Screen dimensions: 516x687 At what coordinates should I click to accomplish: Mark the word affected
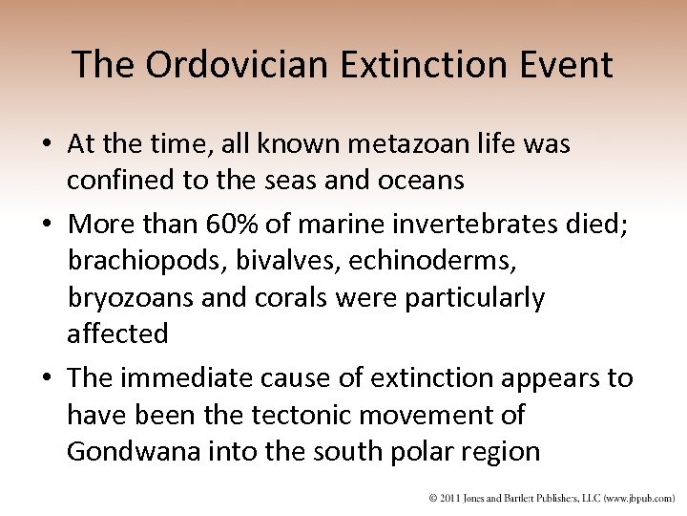pyautogui.click(x=117, y=333)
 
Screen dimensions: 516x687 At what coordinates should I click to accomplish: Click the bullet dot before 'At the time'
pyautogui.click(x=46, y=143)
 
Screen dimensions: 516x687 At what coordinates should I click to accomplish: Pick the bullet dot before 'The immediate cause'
pyautogui.click(x=46, y=379)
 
